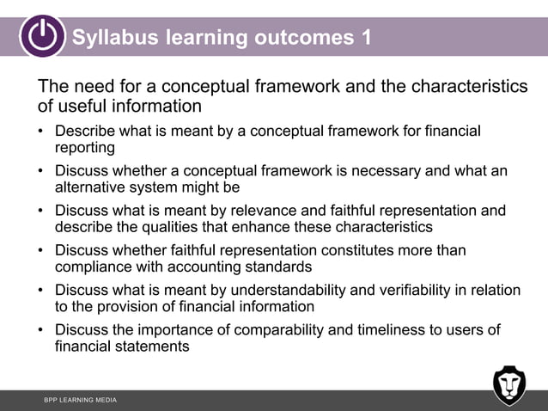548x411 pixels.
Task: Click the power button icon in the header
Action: point(42,36)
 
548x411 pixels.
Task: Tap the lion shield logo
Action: point(508,385)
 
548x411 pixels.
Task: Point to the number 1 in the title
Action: point(366,38)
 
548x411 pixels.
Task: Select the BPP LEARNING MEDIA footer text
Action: point(80,401)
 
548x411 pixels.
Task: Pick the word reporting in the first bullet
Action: point(85,147)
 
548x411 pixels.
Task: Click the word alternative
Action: point(94,187)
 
